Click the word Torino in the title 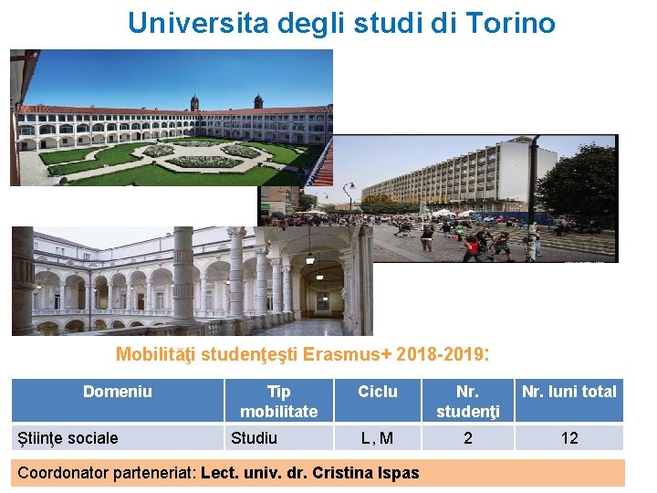(x=510, y=23)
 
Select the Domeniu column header (x=117, y=392)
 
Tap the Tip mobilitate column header (x=278, y=401)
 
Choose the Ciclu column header (x=377, y=392)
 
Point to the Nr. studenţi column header (x=467, y=401)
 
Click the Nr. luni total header (x=568, y=392)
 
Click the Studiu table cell (x=254, y=438)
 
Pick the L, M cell (x=377, y=438)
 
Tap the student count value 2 (x=467, y=438)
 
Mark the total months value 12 (x=568, y=438)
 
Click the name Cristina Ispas (x=365, y=473)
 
